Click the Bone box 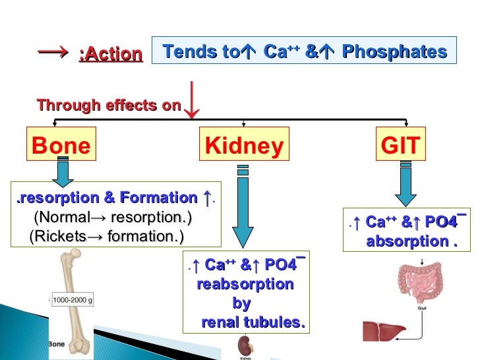pyautogui.click(x=61, y=145)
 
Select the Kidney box pyautogui.click(x=244, y=146)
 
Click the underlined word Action pyautogui.click(x=110, y=54)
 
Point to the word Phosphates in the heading pyautogui.click(x=394, y=51)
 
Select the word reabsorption pyautogui.click(x=245, y=285)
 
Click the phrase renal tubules pyautogui.click(x=253, y=322)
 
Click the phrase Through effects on pyautogui.click(x=109, y=105)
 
